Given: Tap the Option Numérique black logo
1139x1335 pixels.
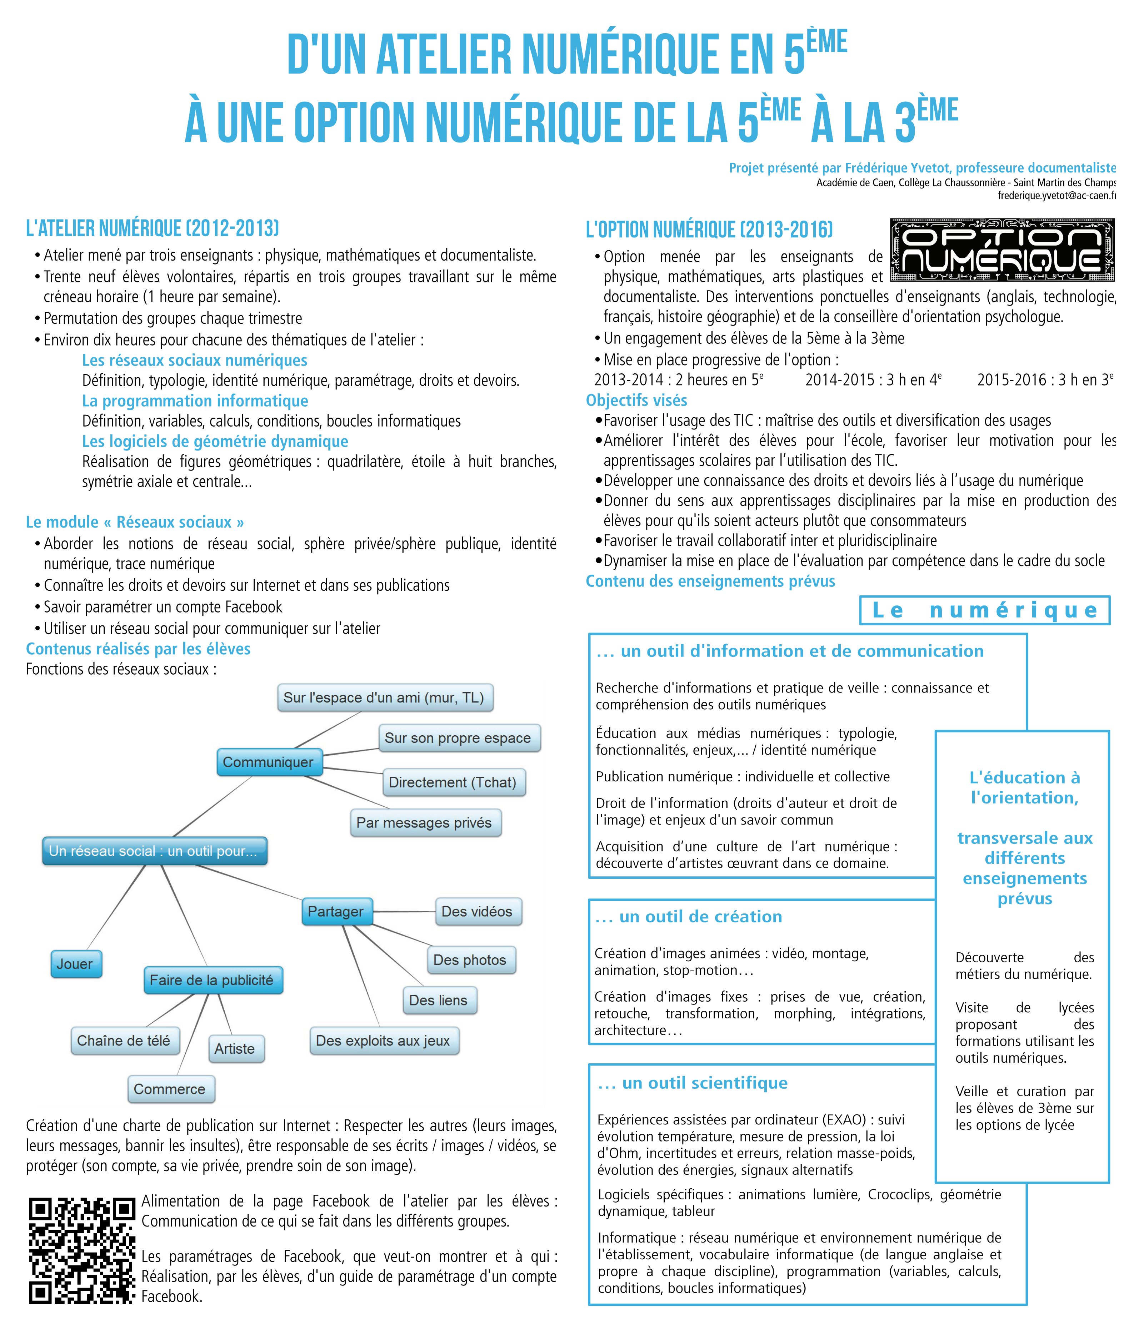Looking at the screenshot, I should (1002, 250).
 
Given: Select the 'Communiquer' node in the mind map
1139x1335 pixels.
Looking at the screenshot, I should (268, 762).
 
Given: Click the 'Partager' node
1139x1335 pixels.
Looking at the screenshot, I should (336, 912).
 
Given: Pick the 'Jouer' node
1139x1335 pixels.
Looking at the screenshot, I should (75, 964).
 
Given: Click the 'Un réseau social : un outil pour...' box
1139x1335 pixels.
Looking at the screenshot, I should (154, 851).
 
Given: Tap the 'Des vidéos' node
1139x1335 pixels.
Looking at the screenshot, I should (478, 912).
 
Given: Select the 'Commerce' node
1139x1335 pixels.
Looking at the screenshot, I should (170, 1089).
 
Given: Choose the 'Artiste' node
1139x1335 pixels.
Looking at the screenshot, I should (235, 1049).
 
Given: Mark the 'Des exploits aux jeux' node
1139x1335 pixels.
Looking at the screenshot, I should (384, 1041).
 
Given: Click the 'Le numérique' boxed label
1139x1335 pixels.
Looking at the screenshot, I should (984, 610).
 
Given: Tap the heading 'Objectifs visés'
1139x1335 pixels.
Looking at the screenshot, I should (636, 400).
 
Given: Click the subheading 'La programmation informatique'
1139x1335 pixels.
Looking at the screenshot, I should (195, 401).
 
